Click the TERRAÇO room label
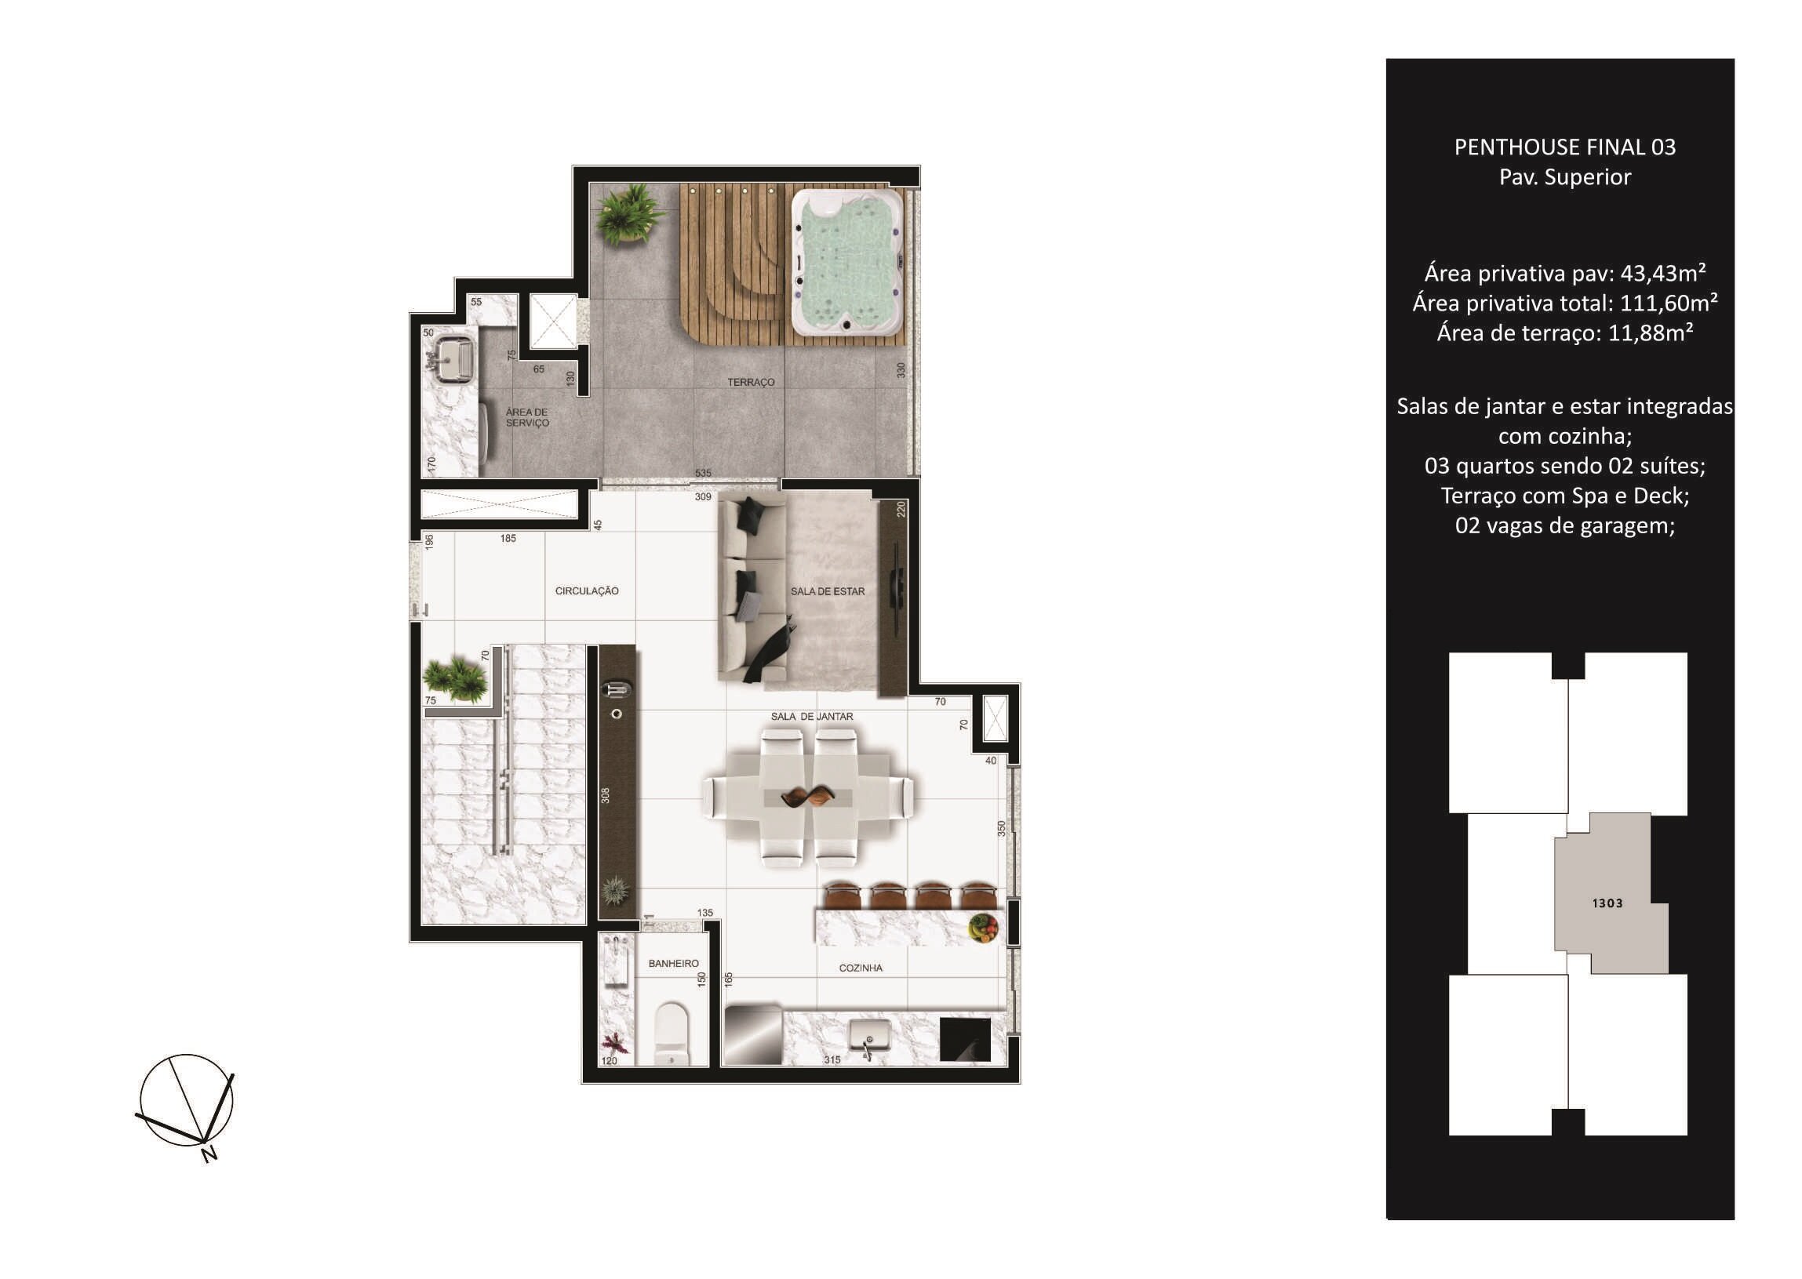tap(751, 382)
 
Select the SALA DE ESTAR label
tap(828, 591)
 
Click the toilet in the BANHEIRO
tap(672, 1033)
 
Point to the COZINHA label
tap(861, 968)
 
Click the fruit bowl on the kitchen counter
tap(983, 927)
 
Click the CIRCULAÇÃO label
tap(587, 591)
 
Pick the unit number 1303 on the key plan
tap(1607, 903)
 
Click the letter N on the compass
tap(209, 1154)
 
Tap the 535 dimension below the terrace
tap(703, 474)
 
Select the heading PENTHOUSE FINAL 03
tap(1565, 147)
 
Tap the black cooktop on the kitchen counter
tap(965, 1040)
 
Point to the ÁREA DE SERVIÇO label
tap(527, 417)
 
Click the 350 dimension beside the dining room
tap(1002, 829)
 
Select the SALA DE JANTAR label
tap(812, 717)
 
